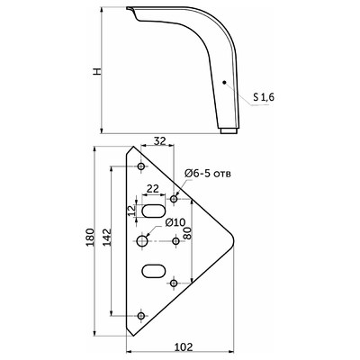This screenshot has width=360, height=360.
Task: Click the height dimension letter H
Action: click(97, 71)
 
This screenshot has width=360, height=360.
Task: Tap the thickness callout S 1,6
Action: click(264, 97)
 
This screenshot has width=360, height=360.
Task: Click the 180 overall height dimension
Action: click(90, 238)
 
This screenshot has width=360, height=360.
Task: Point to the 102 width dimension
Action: click(184, 346)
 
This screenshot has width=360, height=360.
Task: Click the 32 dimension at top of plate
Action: click(159, 140)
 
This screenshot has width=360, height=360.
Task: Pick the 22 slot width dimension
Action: click(152, 189)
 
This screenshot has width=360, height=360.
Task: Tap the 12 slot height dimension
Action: click(131, 211)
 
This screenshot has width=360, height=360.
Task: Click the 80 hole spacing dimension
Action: click(187, 232)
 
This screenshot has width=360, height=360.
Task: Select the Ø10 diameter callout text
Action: click(175, 222)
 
